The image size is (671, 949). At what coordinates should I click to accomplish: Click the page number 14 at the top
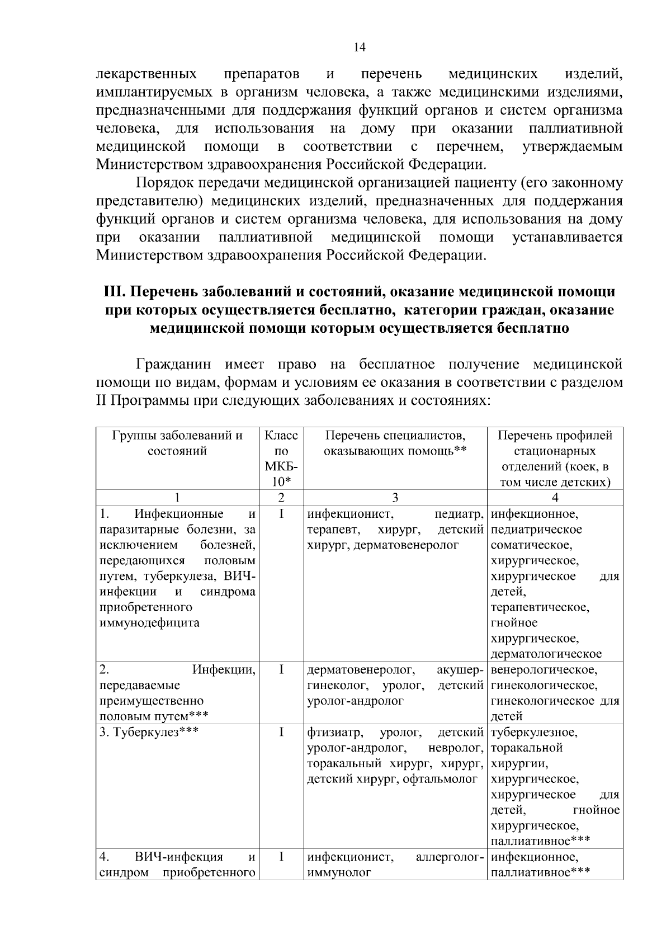tap(360, 48)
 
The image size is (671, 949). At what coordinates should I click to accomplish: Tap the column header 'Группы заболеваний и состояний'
tap(177, 443)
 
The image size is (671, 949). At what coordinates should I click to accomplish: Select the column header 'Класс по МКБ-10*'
tap(281, 459)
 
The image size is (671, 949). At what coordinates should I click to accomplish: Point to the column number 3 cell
tap(395, 498)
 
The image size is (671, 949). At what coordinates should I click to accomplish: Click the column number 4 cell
tap(555, 498)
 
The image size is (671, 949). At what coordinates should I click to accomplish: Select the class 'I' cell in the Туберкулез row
tap(281, 732)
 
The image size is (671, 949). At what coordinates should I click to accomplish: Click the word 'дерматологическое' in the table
tap(546, 654)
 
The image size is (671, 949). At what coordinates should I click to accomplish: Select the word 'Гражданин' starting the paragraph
tap(174, 365)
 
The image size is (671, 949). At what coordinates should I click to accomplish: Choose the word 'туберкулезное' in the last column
tap(534, 732)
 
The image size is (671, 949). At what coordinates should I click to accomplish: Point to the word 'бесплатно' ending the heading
tap(532, 328)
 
